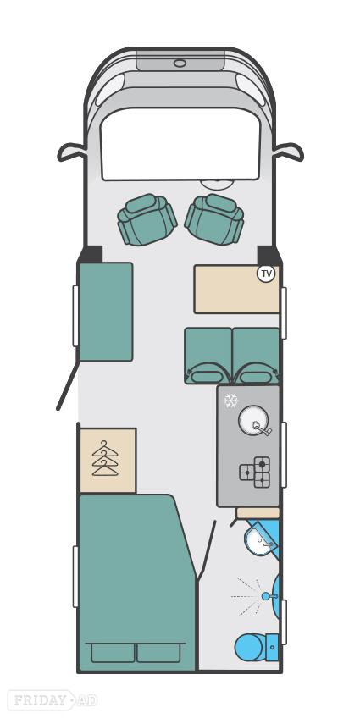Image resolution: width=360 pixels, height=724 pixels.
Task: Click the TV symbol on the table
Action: pos(266,274)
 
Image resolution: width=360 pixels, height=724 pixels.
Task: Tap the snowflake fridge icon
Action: pos(230,401)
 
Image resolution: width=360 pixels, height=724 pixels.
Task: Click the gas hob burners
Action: pos(255,472)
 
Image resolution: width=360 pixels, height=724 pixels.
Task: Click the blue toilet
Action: pos(256,647)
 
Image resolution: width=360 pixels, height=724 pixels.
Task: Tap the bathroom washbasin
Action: pos(260,541)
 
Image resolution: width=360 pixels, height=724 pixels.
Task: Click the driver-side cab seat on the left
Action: pos(147,218)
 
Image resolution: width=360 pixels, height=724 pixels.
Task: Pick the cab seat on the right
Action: pos(214,218)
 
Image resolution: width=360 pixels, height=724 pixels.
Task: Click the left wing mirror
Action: pos(72,152)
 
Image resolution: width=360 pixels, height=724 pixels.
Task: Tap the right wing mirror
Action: pos(289,152)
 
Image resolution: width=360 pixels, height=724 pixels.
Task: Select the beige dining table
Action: pos(236,289)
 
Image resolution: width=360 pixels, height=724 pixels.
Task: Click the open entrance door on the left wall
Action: pos(68,385)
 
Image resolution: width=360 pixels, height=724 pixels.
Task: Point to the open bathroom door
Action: pos(206,550)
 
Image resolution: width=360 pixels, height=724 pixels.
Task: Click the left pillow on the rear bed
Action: pos(113,652)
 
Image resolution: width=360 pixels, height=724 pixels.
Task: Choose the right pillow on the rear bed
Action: pos(158,652)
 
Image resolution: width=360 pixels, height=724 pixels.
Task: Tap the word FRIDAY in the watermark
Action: pos(39,700)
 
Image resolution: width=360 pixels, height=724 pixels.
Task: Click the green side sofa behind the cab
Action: pos(106,312)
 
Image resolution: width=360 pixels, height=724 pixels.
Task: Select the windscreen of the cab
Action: pos(180,144)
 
